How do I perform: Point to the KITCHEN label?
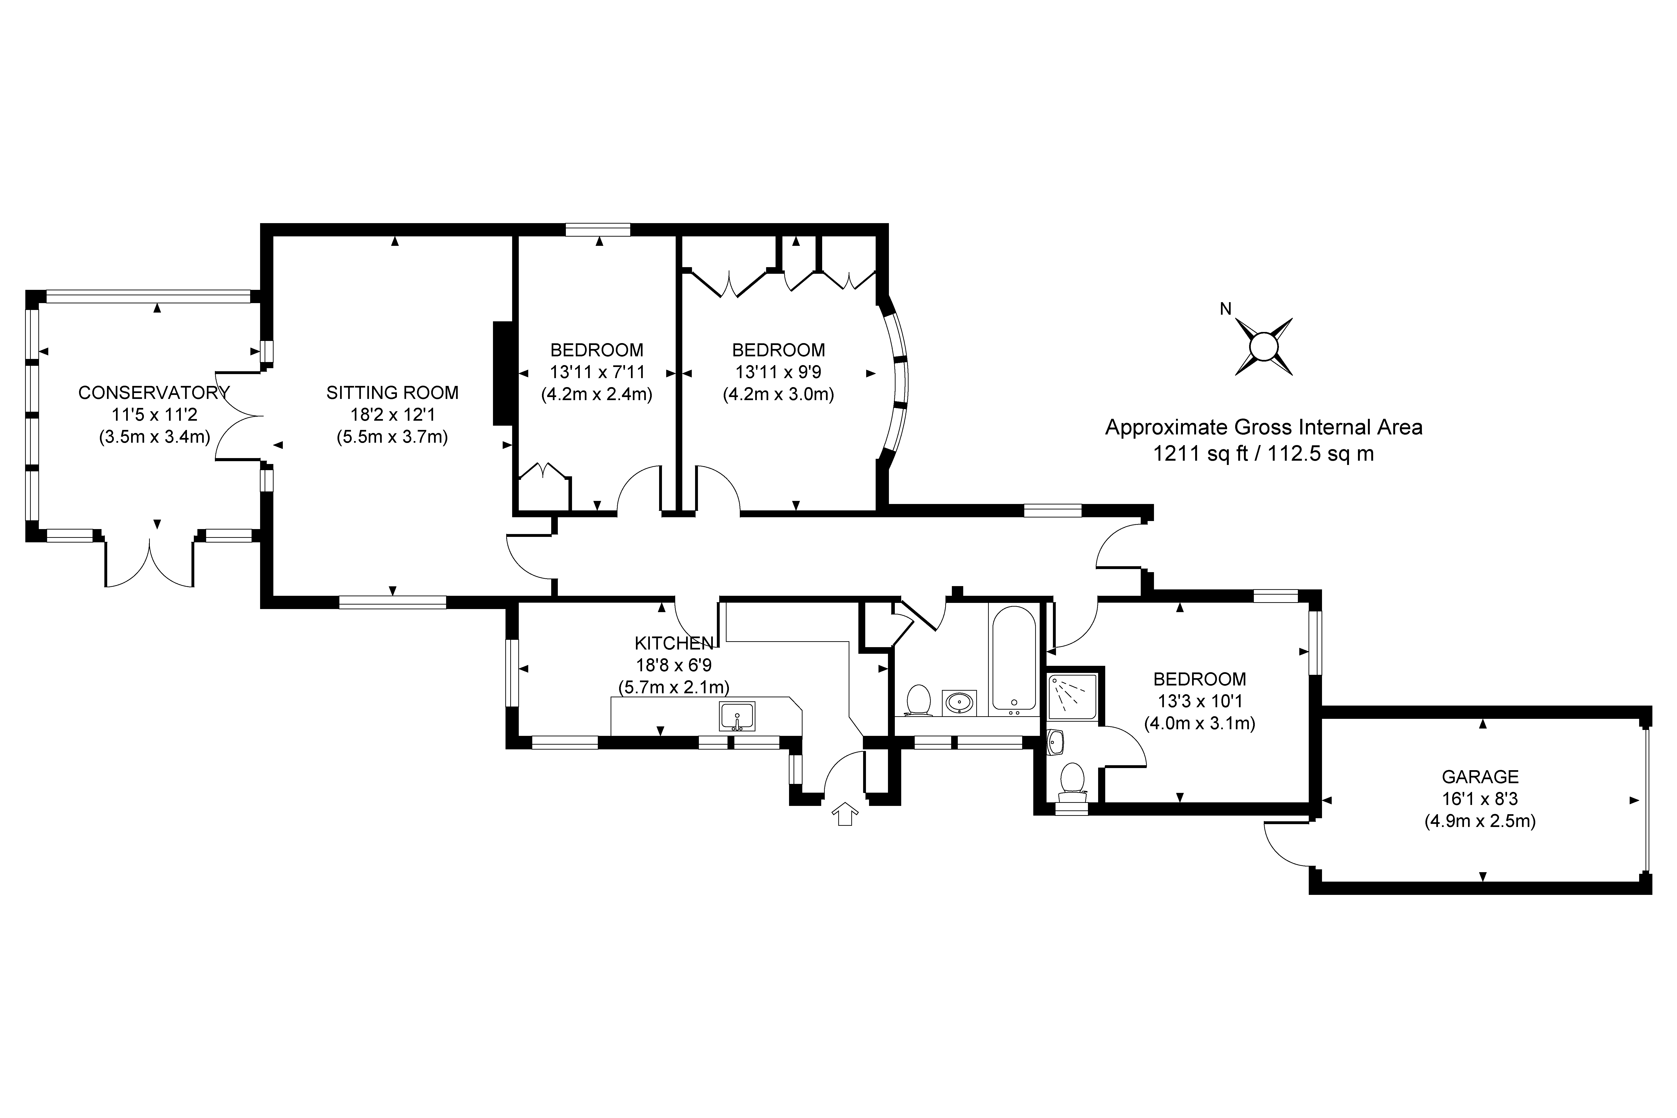pos(673,643)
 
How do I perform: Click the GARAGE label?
pos(1480,777)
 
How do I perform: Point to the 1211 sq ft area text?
pos(1264,454)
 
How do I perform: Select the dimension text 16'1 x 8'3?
pos(1480,799)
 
